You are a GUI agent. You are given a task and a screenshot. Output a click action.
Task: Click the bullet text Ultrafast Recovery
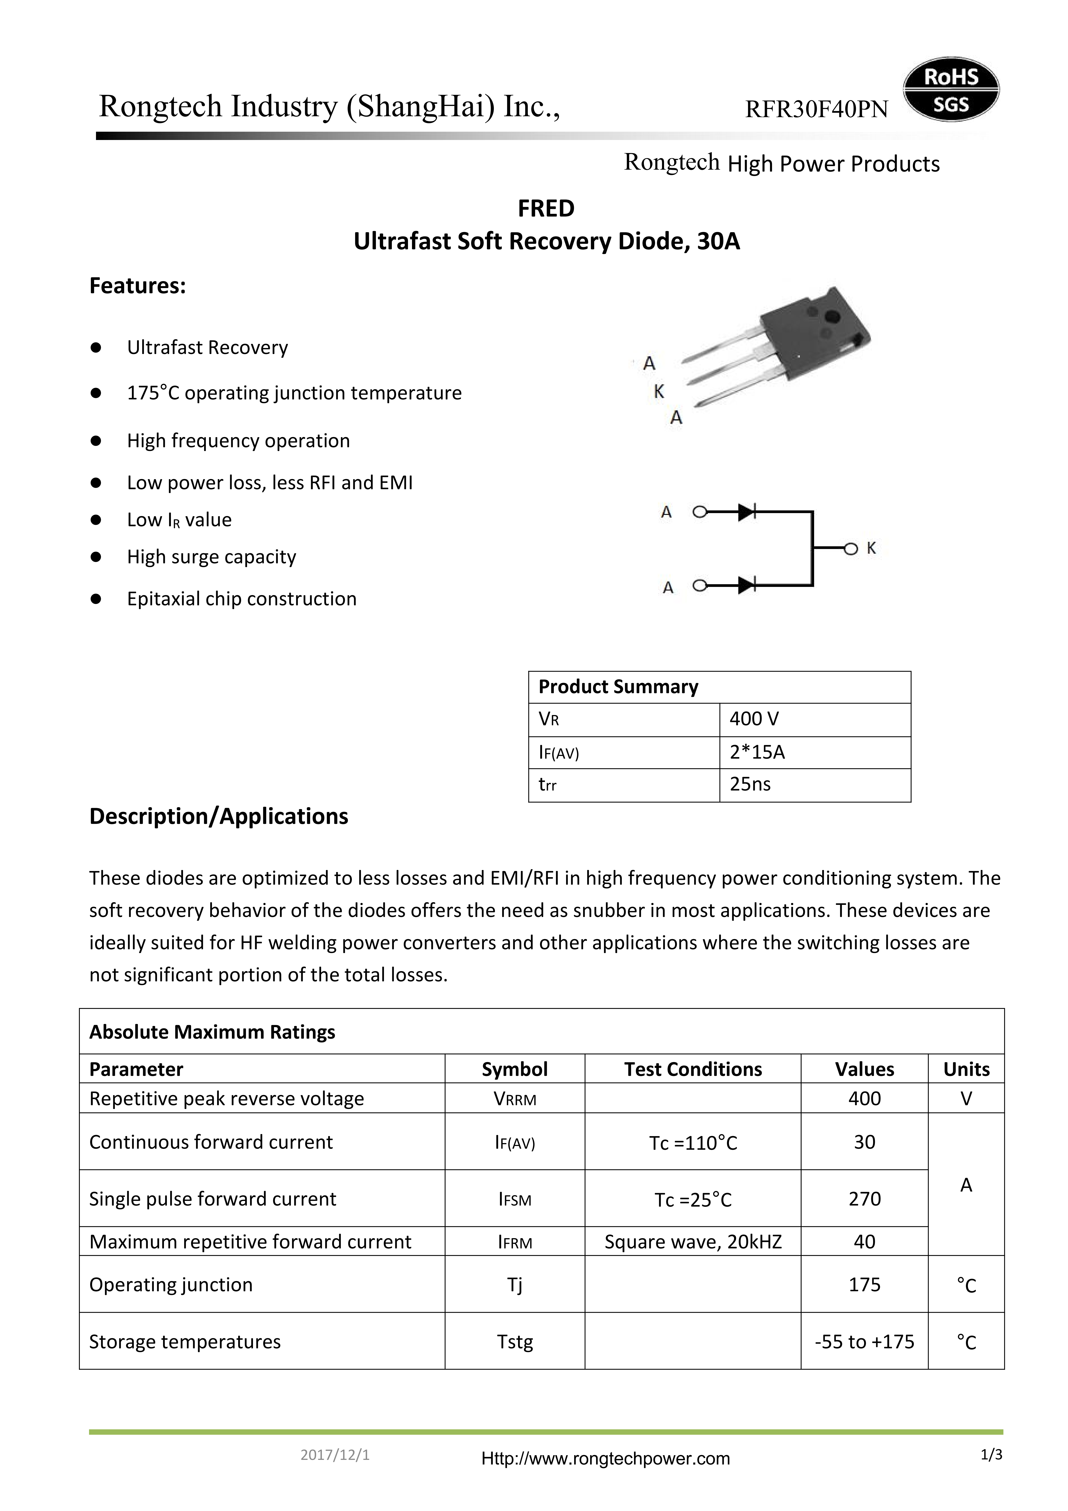207,348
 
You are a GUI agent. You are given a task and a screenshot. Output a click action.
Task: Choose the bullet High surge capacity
211,557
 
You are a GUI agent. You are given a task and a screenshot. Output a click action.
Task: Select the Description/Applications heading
218,816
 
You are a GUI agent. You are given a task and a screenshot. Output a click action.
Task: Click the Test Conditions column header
693,1069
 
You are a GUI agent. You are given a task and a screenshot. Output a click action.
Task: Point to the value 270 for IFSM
864,1199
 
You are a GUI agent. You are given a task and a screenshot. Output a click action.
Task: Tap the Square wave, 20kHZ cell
693,1242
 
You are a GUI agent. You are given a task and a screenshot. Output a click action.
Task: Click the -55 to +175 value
864,1342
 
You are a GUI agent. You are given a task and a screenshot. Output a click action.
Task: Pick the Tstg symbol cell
514,1342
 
